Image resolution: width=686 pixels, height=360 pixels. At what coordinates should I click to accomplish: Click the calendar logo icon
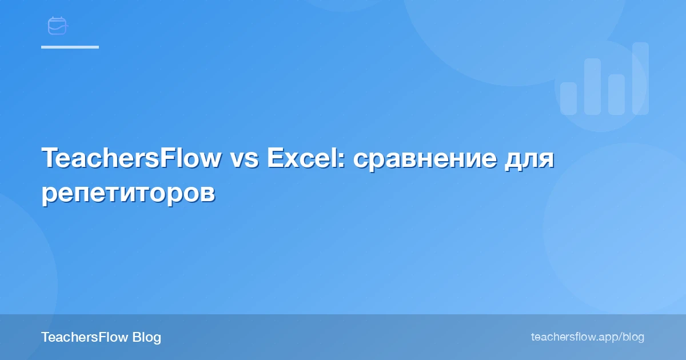(x=57, y=26)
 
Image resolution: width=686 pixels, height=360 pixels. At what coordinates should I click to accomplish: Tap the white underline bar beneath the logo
(x=70, y=47)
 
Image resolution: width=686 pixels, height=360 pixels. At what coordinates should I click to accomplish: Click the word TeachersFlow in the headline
(x=131, y=158)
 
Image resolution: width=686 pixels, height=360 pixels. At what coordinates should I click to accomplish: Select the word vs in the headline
(x=244, y=159)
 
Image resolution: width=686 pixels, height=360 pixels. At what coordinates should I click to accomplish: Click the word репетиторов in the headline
(x=128, y=194)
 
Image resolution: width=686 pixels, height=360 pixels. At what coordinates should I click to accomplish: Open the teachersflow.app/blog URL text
(x=587, y=337)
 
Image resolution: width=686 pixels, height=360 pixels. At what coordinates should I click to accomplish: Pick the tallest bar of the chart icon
(x=640, y=78)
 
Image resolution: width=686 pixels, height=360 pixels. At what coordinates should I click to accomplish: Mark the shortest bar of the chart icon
(x=568, y=98)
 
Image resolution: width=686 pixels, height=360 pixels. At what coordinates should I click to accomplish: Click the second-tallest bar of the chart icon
(x=592, y=86)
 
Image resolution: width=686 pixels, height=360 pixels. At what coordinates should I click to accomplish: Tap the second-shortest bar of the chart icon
(x=616, y=94)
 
